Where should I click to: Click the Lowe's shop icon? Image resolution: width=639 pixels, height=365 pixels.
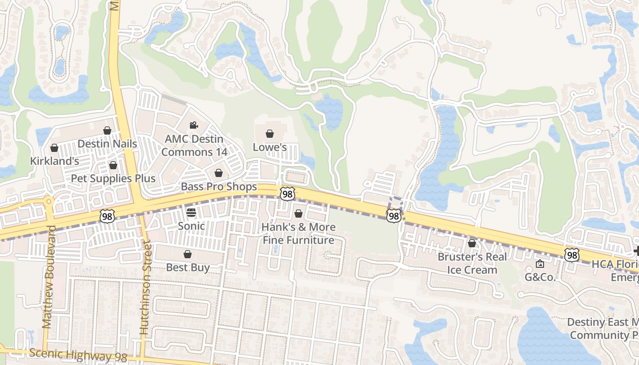[x=270, y=134]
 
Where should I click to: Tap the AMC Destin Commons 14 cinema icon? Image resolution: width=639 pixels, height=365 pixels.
[x=194, y=125]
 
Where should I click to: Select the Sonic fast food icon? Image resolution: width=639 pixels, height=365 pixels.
[x=191, y=212]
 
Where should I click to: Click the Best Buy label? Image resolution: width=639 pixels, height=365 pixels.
[x=188, y=267]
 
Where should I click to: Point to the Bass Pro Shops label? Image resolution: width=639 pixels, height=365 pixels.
[x=219, y=187]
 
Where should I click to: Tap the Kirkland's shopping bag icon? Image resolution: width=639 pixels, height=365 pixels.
[x=54, y=148]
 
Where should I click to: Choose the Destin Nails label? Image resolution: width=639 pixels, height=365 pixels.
[x=107, y=144]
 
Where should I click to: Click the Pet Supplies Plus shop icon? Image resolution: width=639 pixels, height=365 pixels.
[x=113, y=165]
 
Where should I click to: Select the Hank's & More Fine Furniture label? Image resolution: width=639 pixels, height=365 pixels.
[x=299, y=234]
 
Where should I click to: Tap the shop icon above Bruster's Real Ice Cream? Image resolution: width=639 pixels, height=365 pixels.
[x=472, y=243]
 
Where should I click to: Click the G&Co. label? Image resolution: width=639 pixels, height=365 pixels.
[x=540, y=277]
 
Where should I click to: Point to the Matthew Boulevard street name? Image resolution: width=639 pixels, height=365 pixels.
[x=47, y=276]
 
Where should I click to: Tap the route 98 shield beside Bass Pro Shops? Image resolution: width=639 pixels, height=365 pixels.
[x=288, y=194]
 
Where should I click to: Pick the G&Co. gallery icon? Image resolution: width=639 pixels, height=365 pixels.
[x=540, y=264]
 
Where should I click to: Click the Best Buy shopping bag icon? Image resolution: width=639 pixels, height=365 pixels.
[x=188, y=254]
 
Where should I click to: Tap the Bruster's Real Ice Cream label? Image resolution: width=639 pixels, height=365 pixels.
[x=472, y=263]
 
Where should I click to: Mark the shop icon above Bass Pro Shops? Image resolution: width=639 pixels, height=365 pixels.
[x=219, y=173]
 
